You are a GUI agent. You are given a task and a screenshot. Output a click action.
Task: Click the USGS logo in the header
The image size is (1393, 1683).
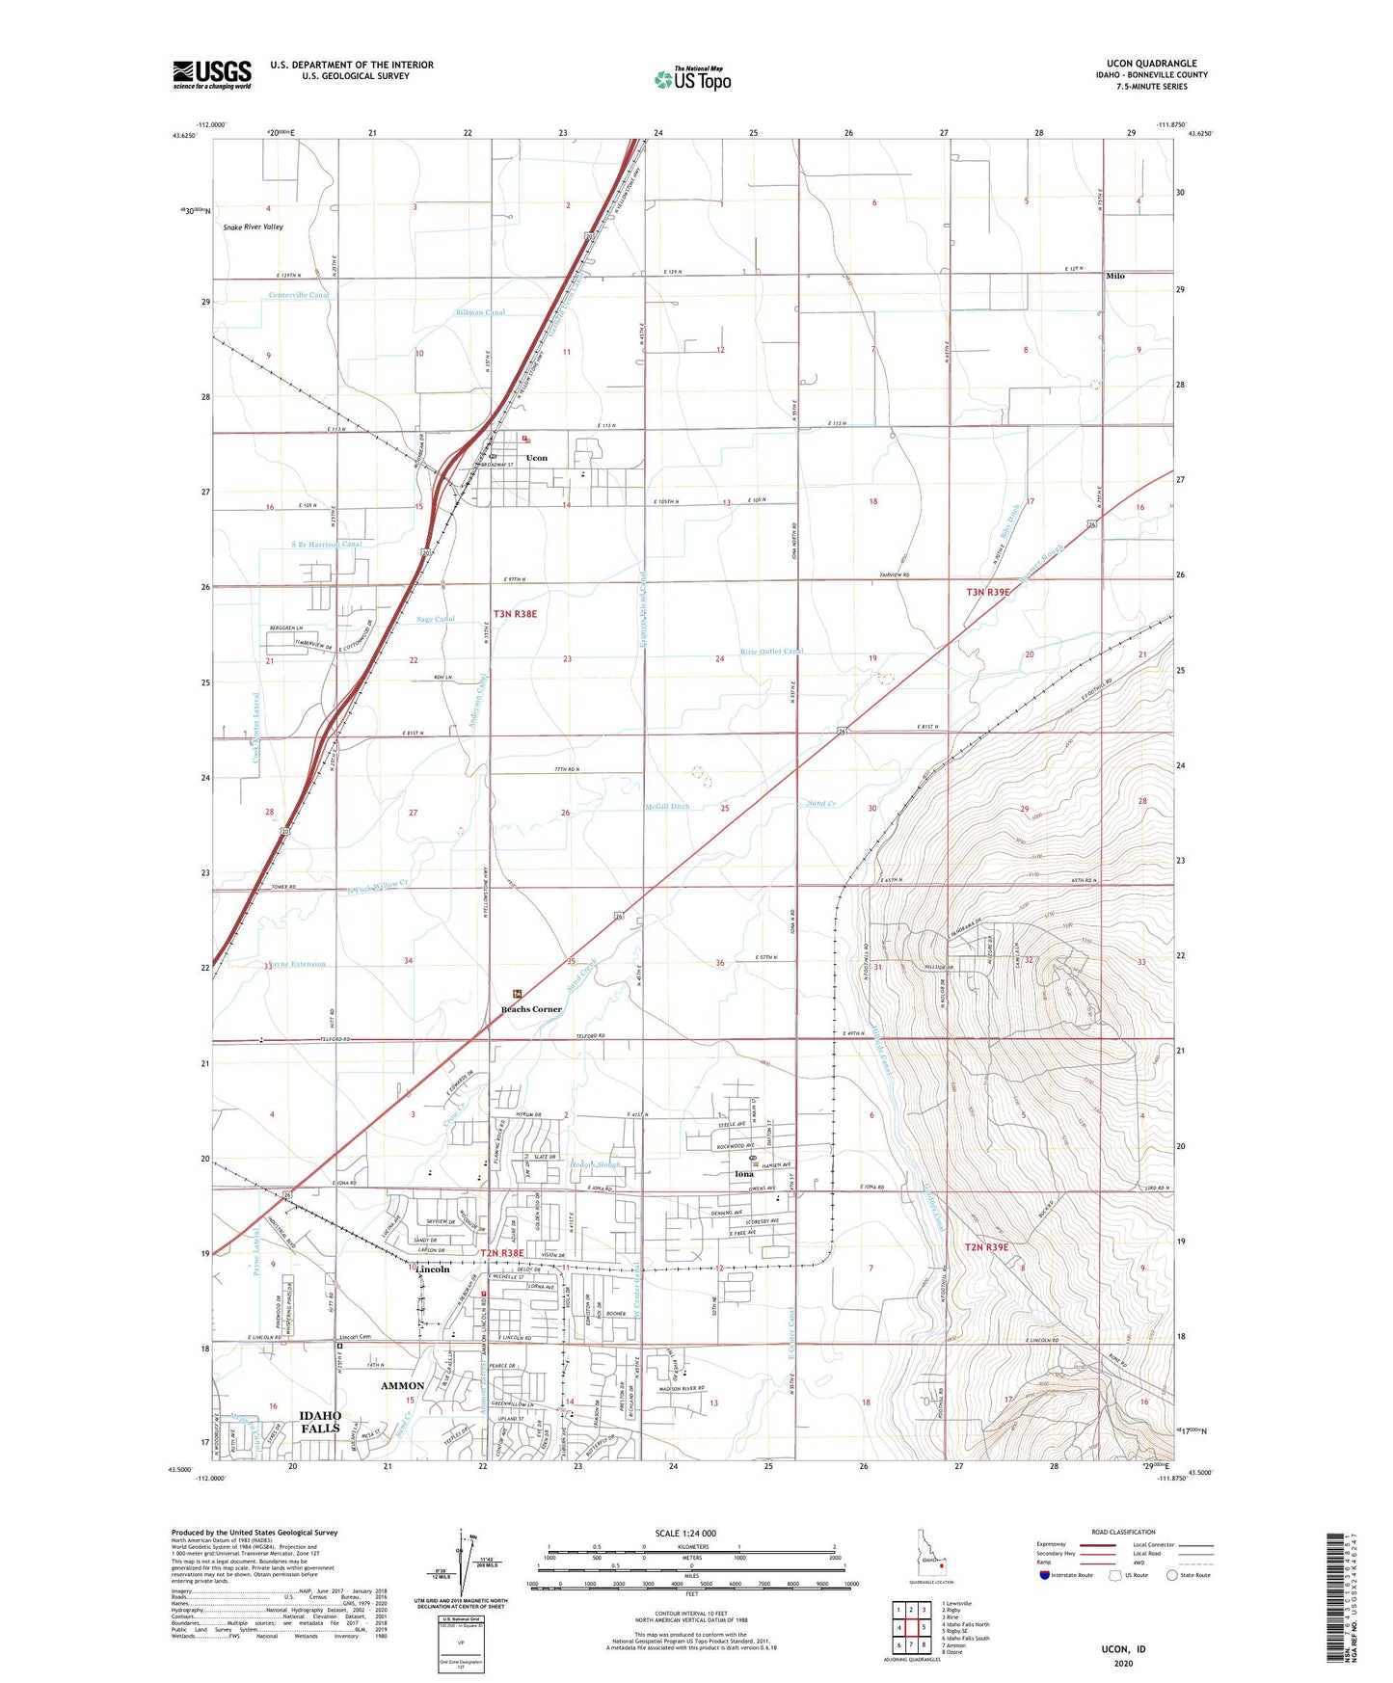click(211, 74)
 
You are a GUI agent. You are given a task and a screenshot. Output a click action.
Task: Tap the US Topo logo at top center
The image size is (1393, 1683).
click(692, 79)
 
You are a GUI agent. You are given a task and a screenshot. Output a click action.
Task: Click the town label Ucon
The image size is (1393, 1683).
click(537, 458)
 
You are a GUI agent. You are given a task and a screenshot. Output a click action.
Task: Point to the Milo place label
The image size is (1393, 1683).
click(1114, 276)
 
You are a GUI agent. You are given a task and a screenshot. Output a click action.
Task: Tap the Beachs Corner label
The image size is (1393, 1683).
click(531, 1009)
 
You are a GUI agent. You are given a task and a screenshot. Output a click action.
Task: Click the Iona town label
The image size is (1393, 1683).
click(743, 1174)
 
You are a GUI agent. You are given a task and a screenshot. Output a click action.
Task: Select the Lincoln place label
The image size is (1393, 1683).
click(433, 1269)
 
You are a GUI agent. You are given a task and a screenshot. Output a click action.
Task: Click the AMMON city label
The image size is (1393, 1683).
click(402, 1385)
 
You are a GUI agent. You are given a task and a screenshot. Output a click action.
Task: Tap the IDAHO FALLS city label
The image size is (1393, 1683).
click(320, 1422)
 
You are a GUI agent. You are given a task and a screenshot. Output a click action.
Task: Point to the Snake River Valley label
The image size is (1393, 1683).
click(254, 227)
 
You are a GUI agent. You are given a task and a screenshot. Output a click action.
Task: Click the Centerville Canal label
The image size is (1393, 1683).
click(299, 295)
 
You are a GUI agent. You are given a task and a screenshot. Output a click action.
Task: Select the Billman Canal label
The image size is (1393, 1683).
click(481, 312)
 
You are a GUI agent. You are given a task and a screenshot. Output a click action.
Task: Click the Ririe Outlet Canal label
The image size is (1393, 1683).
click(771, 652)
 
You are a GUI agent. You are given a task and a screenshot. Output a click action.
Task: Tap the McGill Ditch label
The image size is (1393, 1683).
click(667, 807)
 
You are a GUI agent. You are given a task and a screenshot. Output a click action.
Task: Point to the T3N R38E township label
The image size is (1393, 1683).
click(515, 613)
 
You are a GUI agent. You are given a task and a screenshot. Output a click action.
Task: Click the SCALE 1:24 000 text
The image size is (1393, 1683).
click(685, 1533)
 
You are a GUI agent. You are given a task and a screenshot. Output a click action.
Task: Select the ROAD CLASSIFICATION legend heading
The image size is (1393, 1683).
click(1123, 1532)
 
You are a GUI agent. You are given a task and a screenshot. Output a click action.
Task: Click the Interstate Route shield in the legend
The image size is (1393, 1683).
click(1046, 1575)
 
